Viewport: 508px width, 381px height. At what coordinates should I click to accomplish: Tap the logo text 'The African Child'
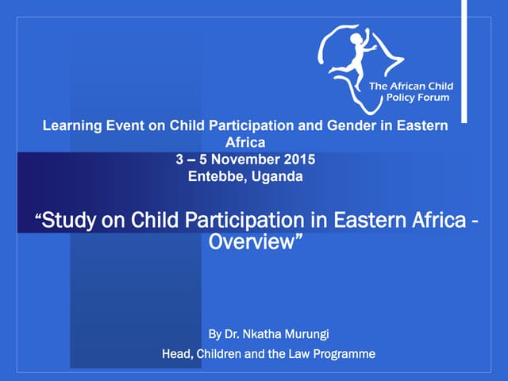(x=412, y=85)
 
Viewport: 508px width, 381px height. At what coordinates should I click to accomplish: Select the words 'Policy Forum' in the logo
(x=418, y=98)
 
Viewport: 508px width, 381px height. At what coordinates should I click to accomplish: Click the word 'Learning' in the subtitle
(x=69, y=127)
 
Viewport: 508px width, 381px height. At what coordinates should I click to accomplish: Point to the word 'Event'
(x=119, y=127)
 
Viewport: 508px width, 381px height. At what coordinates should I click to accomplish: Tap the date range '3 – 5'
(x=192, y=160)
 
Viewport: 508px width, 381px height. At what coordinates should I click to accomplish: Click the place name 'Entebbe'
(x=216, y=176)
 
